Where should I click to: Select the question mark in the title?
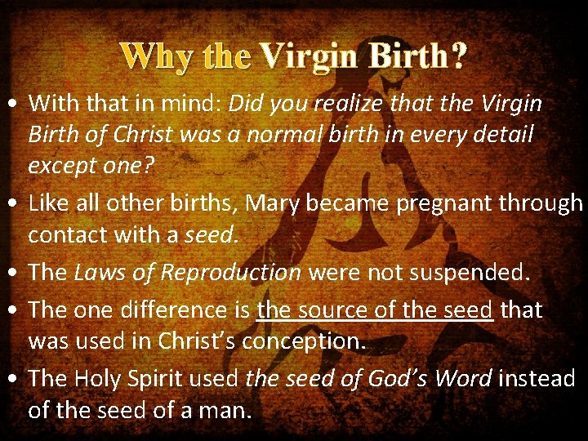coord(459,56)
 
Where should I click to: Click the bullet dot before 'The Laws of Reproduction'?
coord(14,273)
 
